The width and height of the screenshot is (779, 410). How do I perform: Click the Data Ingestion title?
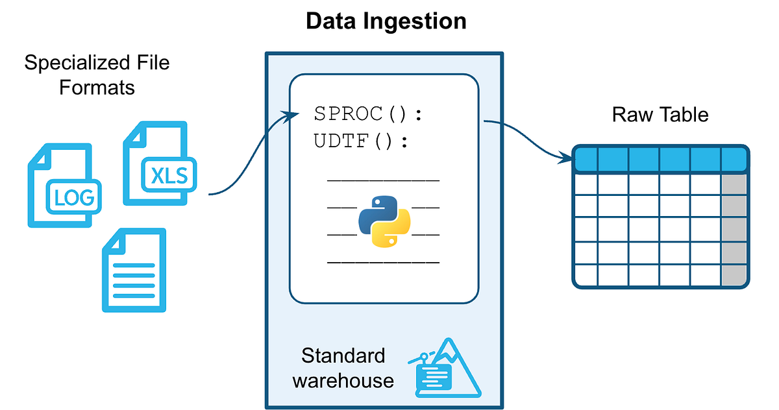pos(386,21)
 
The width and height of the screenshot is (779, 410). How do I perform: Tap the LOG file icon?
pos(64,186)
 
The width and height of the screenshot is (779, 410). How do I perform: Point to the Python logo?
pos(383,221)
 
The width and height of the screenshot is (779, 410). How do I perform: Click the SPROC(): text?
pos(368,115)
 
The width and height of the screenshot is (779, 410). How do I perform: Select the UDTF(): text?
pos(362,141)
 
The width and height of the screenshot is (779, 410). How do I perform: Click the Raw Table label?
pos(660,115)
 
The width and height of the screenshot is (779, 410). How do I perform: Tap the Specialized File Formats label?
pos(97,75)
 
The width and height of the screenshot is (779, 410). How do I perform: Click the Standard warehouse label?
pos(343,367)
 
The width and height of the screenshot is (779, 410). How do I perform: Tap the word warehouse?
pos(343,380)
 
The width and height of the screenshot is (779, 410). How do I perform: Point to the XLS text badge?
pos(169,176)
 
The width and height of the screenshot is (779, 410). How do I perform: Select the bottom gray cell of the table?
pos(734,274)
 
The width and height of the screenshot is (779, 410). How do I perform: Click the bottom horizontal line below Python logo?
pos(383,263)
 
